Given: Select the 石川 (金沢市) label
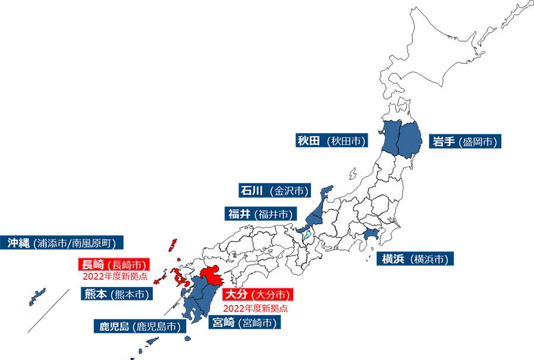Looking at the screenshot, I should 274,191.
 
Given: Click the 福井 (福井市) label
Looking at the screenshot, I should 259,214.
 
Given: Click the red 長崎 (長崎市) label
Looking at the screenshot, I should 113,265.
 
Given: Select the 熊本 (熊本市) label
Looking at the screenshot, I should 116,294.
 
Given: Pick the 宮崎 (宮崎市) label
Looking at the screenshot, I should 243,323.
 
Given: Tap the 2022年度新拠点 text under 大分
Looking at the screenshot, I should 255,308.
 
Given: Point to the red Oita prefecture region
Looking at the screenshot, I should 211,276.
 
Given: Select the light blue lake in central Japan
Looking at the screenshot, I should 306,236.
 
